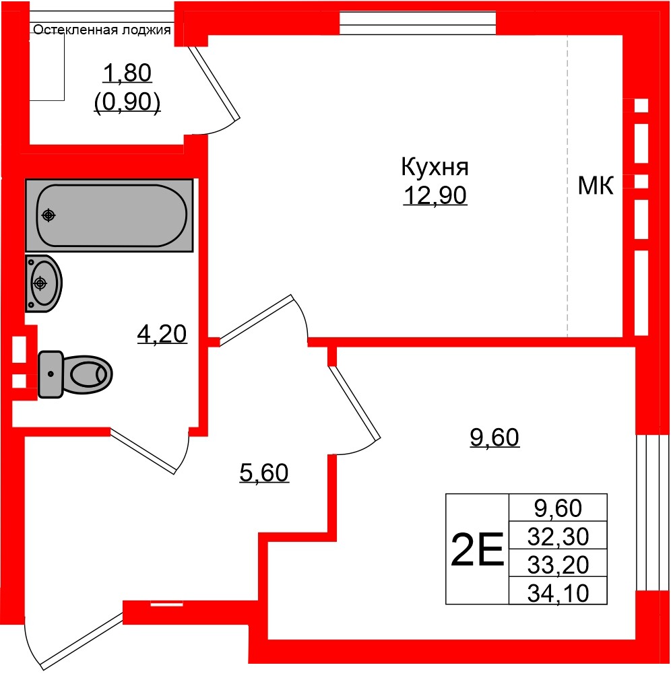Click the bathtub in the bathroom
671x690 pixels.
click(109, 215)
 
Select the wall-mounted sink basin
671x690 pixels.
click(43, 283)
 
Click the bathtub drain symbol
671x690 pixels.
click(48, 215)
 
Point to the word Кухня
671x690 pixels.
click(435, 166)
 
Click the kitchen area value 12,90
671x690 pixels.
click(435, 196)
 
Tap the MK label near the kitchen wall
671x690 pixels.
click(596, 186)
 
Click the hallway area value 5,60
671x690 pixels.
click(264, 473)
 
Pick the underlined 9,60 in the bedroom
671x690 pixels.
click(494, 438)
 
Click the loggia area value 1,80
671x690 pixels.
click(127, 73)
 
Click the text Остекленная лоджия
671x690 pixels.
click(102, 30)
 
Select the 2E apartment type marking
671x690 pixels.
click(477, 549)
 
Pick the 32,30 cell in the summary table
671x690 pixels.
click(558, 537)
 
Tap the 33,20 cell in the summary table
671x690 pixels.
click(558, 565)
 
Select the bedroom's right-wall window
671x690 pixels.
click(651, 512)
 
